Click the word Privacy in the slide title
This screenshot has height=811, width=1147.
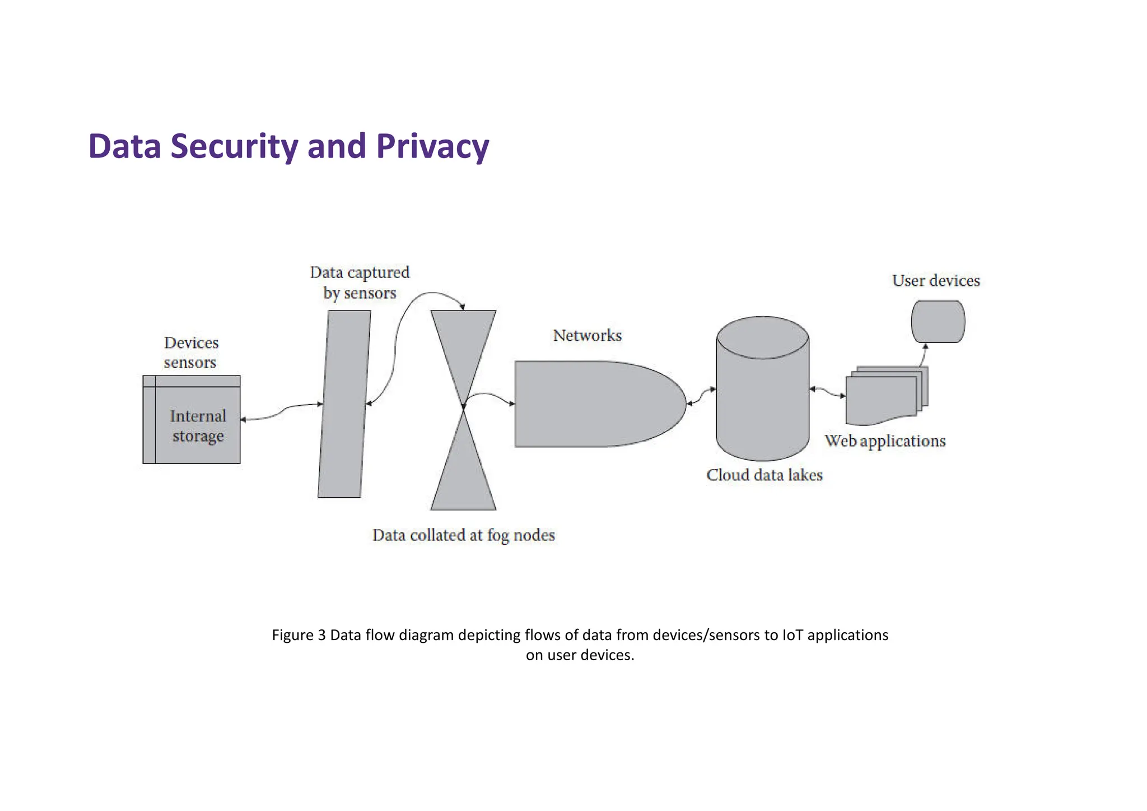(x=432, y=146)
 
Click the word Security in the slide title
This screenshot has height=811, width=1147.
(x=235, y=146)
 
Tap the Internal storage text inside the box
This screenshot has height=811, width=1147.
(x=198, y=426)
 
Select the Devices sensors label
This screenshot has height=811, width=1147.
(x=191, y=353)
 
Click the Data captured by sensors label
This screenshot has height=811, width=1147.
(x=360, y=282)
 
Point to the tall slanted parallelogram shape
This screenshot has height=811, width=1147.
(x=344, y=404)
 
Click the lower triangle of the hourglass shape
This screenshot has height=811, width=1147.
(x=463, y=476)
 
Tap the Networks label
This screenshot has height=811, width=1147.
(x=587, y=335)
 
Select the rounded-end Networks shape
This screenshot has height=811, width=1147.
(x=594, y=404)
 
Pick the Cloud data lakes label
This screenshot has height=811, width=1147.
(x=764, y=475)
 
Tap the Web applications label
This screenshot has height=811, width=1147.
(x=885, y=441)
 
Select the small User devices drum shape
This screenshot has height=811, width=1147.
(x=938, y=322)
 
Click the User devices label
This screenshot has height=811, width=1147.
(x=936, y=280)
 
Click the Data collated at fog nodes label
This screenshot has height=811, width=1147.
(x=463, y=535)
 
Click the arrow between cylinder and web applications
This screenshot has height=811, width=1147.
(x=828, y=392)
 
